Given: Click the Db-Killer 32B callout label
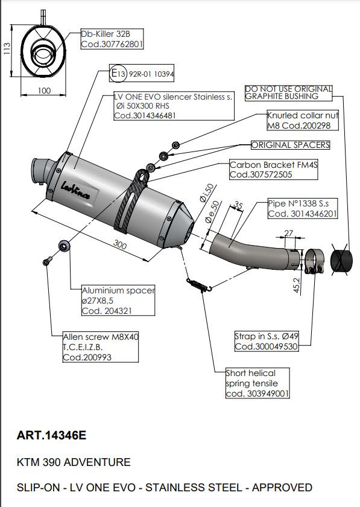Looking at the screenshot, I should coord(112,39).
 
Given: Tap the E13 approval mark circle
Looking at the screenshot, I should coord(118,74).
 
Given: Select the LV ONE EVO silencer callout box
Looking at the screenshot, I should coord(173,106).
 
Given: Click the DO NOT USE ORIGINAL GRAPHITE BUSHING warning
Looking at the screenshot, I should coord(288,92).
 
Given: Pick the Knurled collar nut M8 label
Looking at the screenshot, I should coord(302,120).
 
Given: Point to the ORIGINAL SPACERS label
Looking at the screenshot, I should coord(290,145).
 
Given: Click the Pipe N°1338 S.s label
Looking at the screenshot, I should coord(302,209).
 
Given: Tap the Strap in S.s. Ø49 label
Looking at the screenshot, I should coord(265,341).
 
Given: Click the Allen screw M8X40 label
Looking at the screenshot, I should coord(101,347).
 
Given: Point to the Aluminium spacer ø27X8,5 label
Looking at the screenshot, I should coord(118,301).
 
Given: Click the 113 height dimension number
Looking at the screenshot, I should coord(7,49).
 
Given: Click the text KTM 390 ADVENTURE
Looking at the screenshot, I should coord(74,462).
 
